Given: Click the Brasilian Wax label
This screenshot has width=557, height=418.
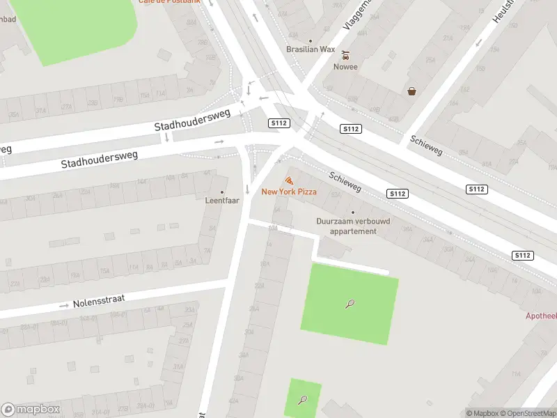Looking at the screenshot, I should (x=311, y=49).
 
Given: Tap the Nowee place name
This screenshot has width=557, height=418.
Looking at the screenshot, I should (x=345, y=67).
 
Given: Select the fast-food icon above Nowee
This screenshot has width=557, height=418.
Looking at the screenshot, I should (x=345, y=55).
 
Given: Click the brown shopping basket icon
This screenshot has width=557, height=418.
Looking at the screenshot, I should (x=412, y=91).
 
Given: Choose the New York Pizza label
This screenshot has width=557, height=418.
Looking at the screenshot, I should (x=289, y=192).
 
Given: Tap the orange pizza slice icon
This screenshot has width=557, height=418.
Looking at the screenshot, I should (x=289, y=180).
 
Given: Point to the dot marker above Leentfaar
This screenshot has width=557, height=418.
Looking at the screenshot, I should (x=223, y=192).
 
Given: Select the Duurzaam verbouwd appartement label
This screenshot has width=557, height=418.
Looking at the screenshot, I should (x=353, y=226).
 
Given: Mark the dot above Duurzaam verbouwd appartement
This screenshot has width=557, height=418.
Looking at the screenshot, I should (x=353, y=212).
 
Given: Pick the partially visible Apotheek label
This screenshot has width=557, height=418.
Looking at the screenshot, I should (x=541, y=316).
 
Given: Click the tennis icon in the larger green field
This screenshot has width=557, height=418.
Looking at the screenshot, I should (x=350, y=304).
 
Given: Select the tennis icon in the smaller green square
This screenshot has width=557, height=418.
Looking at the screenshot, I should (x=303, y=400).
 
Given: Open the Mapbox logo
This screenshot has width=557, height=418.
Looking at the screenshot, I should (x=31, y=410).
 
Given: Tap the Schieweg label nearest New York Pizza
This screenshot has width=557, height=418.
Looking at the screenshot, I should (x=345, y=183).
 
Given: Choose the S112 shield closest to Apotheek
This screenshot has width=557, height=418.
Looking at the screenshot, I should (x=522, y=256).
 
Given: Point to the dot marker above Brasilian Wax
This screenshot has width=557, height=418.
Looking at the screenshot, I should (x=311, y=40).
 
